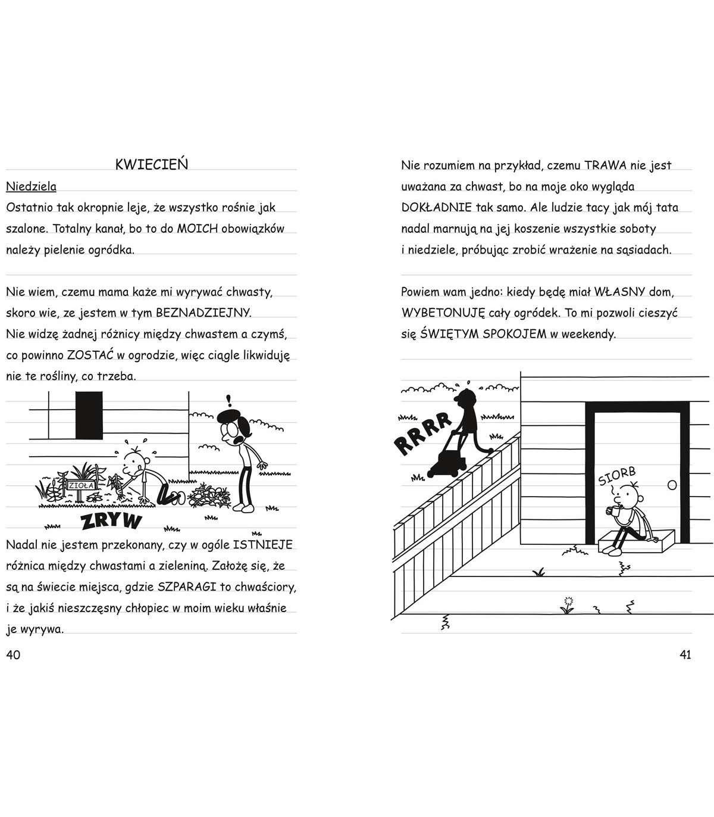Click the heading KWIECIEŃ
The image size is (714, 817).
pyautogui.click(x=151, y=165)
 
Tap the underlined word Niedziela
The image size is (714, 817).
pyautogui.click(x=31, y=186)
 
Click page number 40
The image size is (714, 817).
pyautogui.click(x=13, y=654)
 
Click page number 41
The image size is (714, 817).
pyautogui.click(x=685, y=654)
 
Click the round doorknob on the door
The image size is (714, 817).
pyautogui.click(x=672, y=485)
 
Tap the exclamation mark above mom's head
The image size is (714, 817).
pyautogui.click(x=228, y=401)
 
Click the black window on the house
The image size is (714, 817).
pyautogui.click(x=89, y=414)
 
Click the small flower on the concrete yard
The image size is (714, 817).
pyautogui.click(x=567, y=604)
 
